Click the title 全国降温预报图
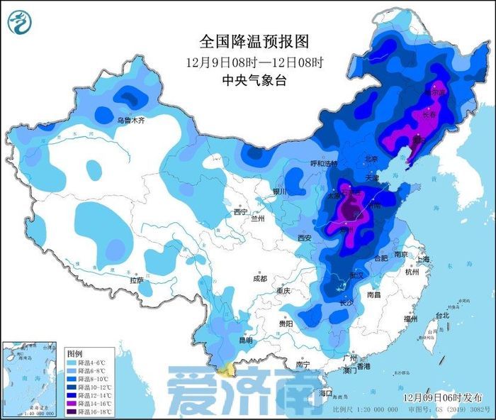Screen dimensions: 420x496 coord(254,41)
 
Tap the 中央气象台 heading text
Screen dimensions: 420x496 coord(254,80)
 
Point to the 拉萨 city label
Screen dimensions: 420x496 coord(136,281)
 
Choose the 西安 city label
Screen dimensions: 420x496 coord(305,237)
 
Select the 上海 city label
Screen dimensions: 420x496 coord(423,260)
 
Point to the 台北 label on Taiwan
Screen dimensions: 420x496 coord(441,315)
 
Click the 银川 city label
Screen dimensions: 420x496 coord(279,192)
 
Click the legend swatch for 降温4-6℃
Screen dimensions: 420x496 coord(72,362)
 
